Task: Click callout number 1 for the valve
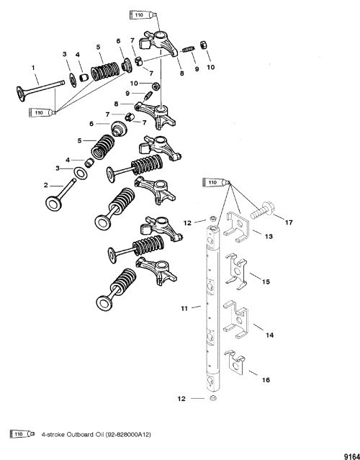33,68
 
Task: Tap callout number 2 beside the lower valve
46,185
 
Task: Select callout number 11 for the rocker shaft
184,309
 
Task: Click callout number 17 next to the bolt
289,222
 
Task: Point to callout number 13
269,236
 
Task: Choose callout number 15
266,281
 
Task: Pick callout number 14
269,335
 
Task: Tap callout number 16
266,380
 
